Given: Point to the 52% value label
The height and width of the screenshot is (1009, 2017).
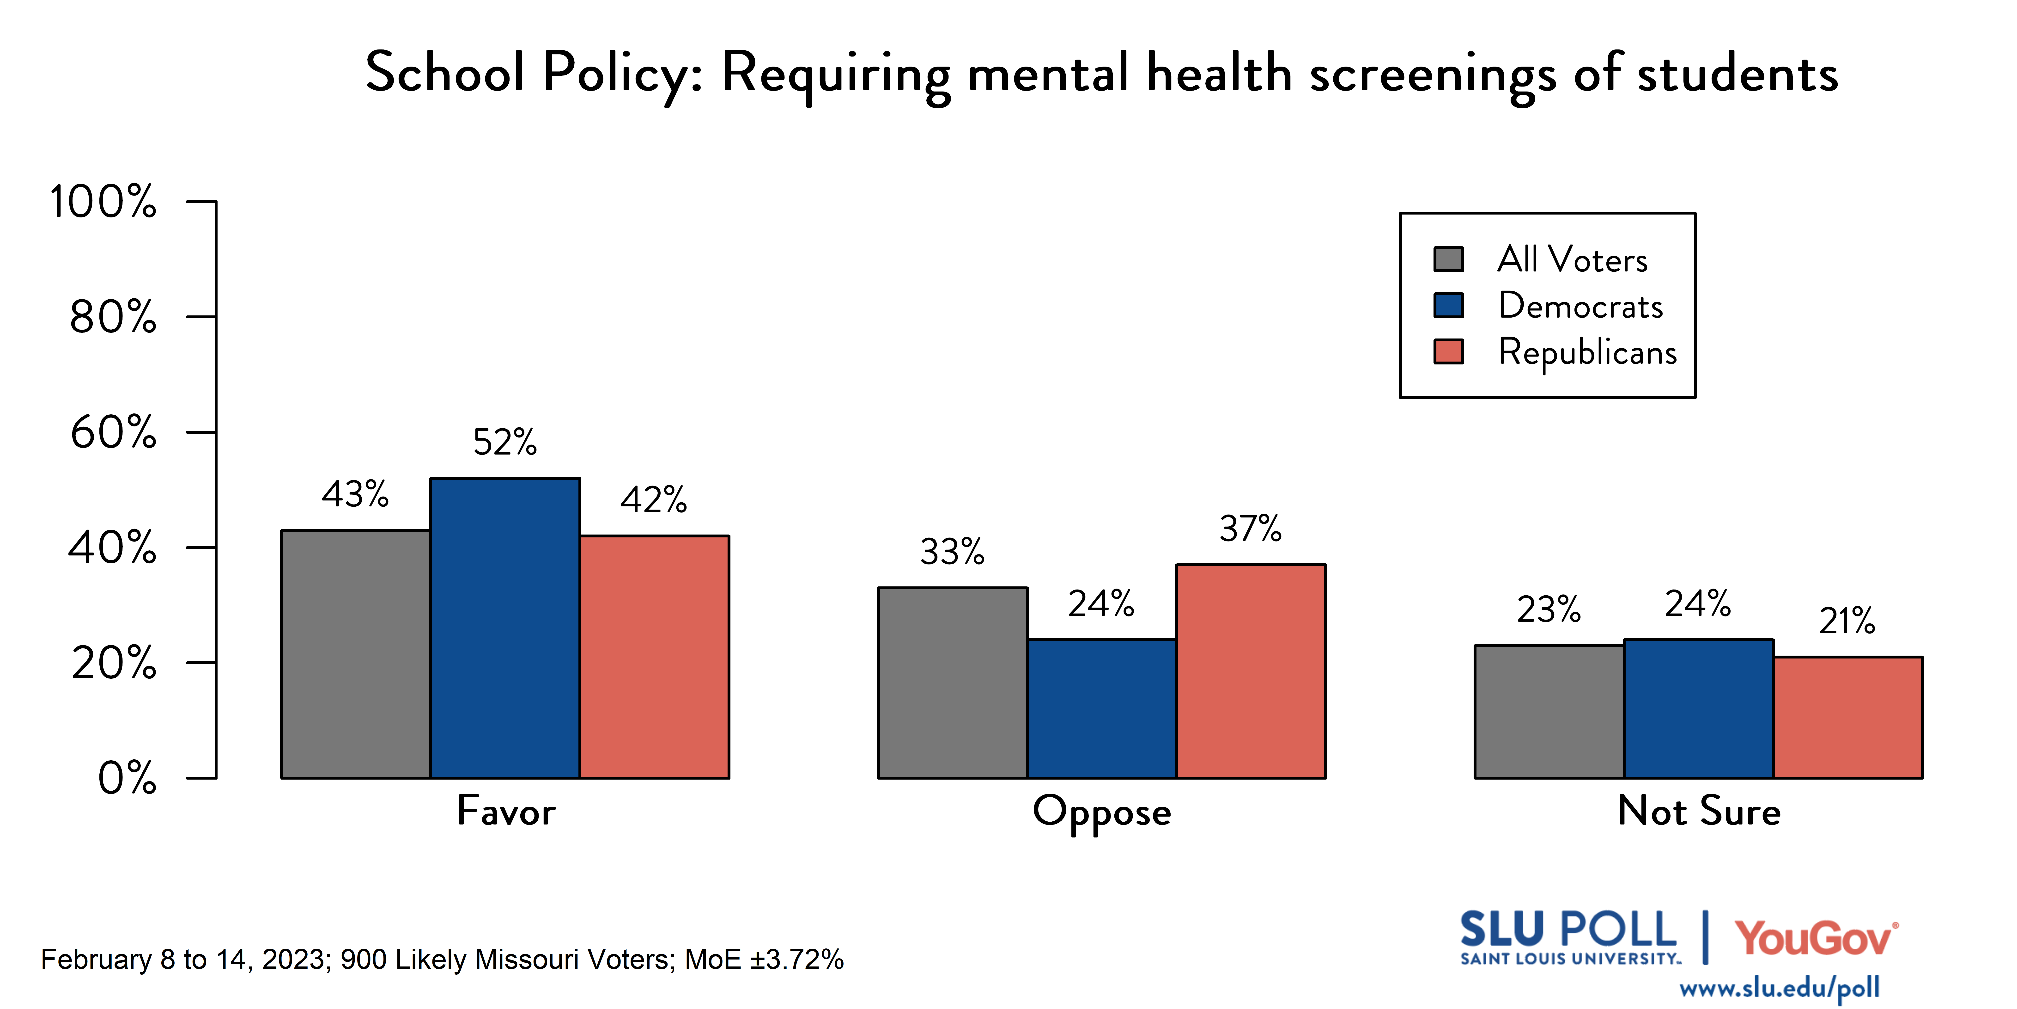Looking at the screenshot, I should click(x=505, y=443).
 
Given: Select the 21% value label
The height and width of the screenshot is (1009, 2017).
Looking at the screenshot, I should click(x=1847, y=621).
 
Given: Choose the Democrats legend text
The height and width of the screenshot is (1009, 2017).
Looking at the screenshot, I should click(x=1580, y=306).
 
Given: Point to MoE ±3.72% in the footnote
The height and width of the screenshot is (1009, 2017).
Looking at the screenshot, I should click(x=764, y=960).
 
